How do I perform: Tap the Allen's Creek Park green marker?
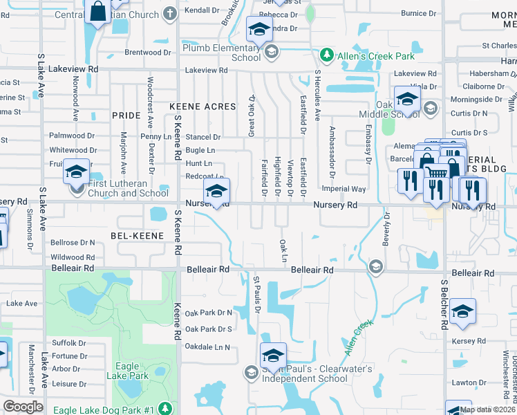[x=326, y=55]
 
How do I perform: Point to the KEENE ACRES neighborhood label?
[x=203, y=107]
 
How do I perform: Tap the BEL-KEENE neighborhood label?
[x=137, y=236]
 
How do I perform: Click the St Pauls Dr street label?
[x=256, y=294]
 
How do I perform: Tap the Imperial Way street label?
[x=344, y=189]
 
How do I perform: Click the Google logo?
[x=23, y=407]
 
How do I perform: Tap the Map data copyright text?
[x=488, y=409]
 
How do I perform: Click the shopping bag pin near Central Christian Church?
[x=97, y=12]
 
